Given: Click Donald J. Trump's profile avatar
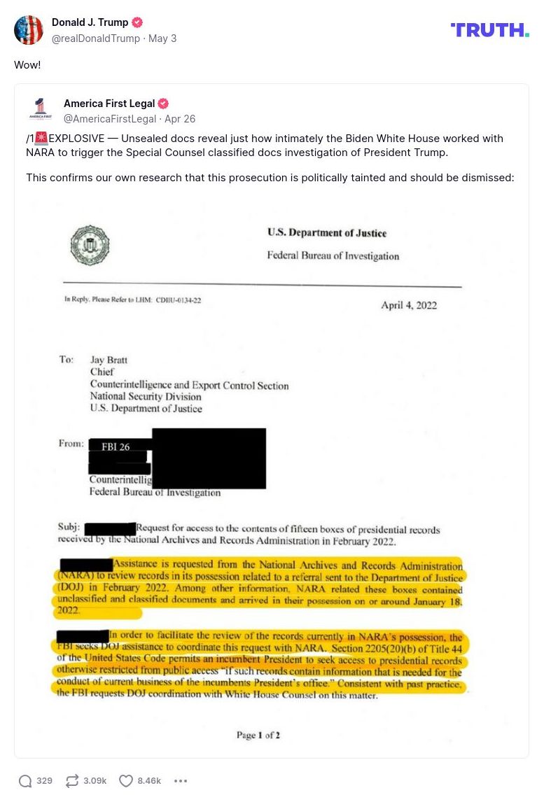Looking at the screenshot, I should pyautogui.click(x=29, y=30).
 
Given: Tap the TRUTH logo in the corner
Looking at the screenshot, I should pyautogui.click(x=489, y=29).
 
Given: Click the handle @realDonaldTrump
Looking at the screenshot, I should pyautogui.click(x=96, y=38).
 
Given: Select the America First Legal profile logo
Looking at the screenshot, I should pyautogui.click(x=41, y=110).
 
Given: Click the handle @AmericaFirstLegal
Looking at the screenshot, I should pyautogui.click(x=109, y=119).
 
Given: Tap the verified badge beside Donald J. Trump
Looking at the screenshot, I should pyautogui.click(x=137, y=22).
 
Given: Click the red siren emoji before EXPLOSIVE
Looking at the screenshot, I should pyautogui.click(x=41, y=139).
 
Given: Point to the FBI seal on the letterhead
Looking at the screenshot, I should pyautogui.click(x=90, y=245).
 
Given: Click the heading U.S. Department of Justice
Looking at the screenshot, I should pyautogui.click(x=326, y=233).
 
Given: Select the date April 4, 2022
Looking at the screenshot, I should pyautogui.click(x=409, y=305).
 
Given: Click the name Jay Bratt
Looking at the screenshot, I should pyautogui.click(x=109, y=360).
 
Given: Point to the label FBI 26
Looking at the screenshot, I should pyautogui.click(x=116, y=447).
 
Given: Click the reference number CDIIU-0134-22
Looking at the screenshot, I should pyautogui.click(x=179, y=300).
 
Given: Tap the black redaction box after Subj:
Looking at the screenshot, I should pyautogui.click(x=110, y=529).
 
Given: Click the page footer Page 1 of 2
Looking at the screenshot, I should pyautogui.click(x=258, y=735).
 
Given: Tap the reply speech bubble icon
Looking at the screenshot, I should pyautogui.click(x=25, y=781).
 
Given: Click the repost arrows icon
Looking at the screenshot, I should pyautogui.click(x=72, y=781).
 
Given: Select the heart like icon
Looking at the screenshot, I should pyautogui.click(x=126, y=781).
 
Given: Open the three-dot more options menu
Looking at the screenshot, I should pyautogui.click(x=181, y=781).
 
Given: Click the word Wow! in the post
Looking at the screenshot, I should pyautogui.click(x=27, y=64).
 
